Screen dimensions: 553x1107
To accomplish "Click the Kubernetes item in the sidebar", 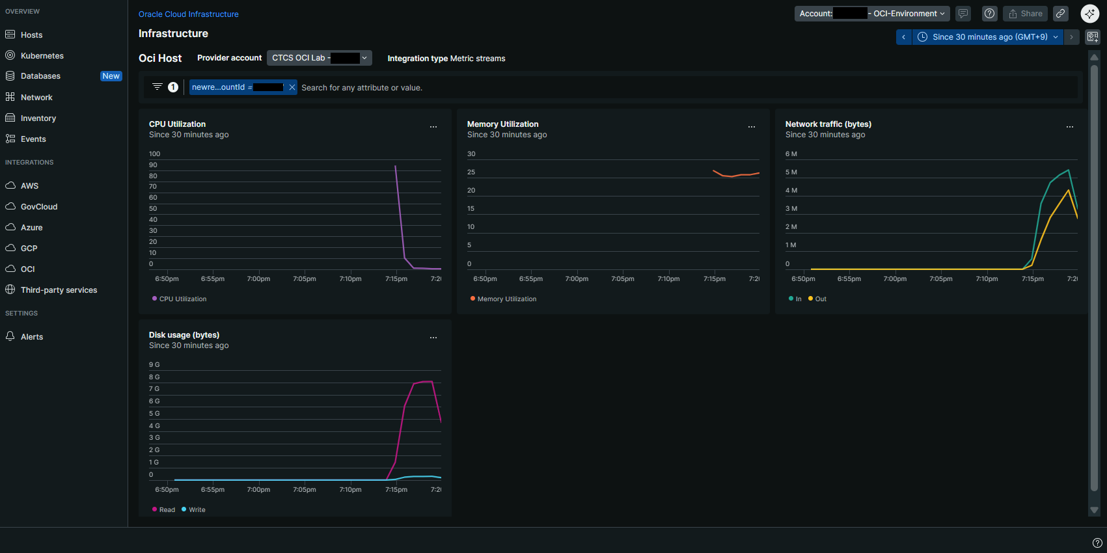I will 42,56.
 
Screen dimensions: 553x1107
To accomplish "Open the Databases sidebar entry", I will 40,76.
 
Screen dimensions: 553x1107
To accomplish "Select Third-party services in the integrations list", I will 59,290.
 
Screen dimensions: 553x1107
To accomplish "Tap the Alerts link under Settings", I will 31,337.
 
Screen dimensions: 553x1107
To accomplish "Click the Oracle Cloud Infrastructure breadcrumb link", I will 188,14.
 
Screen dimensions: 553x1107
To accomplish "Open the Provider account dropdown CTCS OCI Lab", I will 319,58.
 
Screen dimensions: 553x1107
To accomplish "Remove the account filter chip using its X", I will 292,87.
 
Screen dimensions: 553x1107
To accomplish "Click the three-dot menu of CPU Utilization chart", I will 433,127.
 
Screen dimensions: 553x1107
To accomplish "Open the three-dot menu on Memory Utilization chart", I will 752,127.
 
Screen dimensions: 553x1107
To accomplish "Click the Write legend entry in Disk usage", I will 197,510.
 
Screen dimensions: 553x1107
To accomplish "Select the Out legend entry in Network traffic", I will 820,299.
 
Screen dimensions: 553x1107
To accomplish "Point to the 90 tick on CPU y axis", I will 153,165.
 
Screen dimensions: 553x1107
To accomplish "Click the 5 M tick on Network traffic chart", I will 791,172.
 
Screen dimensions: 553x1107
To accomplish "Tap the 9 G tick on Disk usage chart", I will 154,365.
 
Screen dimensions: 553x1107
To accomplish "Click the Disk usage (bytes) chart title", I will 184,335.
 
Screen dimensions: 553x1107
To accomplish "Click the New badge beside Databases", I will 111,76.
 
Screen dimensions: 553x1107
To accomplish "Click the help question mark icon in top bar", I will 989,14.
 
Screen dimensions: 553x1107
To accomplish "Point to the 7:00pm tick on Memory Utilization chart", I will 577,279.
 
